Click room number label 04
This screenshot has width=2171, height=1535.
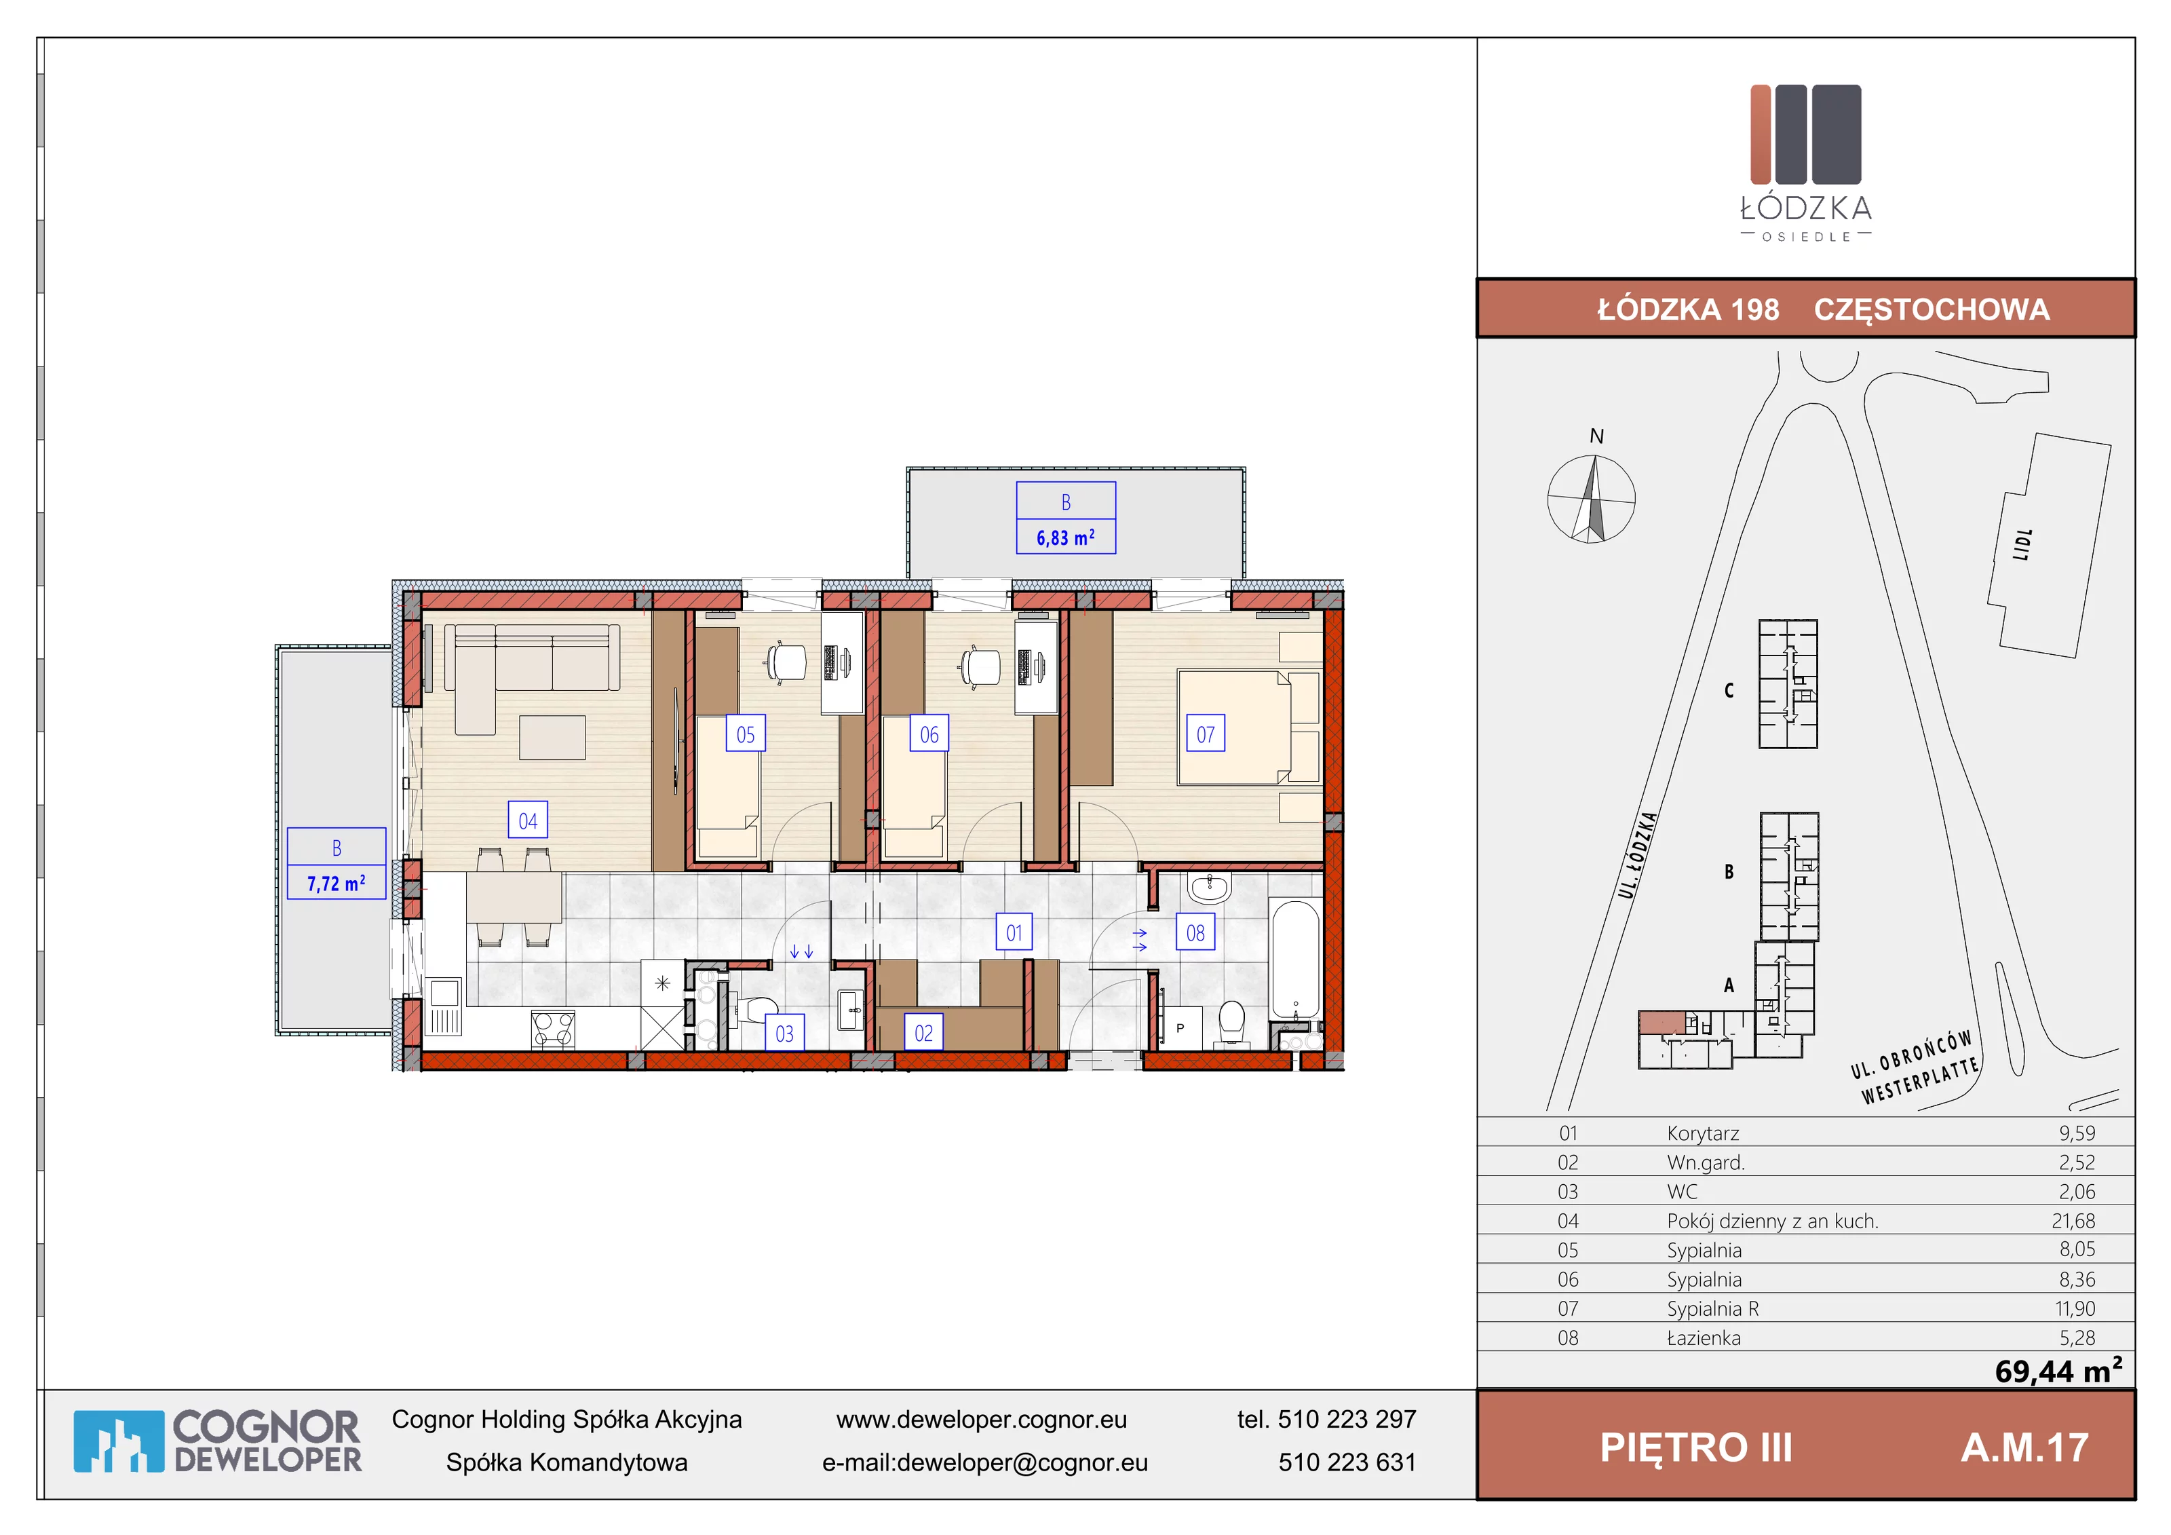pos(528,821)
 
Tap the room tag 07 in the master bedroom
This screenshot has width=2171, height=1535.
pos(1206,734)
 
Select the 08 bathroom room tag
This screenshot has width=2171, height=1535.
pos(1195,932)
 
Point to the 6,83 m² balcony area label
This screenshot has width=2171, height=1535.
pos(1066,537)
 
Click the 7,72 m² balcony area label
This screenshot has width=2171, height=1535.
pos(336,884)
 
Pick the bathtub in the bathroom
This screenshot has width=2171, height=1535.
pos(1294,961)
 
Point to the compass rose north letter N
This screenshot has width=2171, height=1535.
pos(1596,436)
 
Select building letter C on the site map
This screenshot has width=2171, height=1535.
pos(1729,690)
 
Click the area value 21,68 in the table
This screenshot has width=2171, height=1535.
pos(2073,1221)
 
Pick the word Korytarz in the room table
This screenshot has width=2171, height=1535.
pos(1703,1133)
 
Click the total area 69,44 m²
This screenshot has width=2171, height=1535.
pos(2058,1370)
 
